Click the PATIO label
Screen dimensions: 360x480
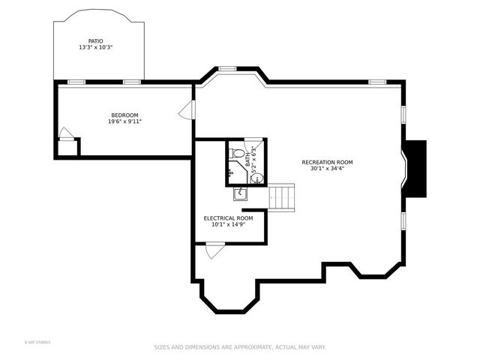click(95, 41)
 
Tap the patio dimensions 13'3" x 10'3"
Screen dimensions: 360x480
click(95, 48)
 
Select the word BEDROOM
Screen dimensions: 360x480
click(124, 115)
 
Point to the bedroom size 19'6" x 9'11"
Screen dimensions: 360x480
click(124, 121)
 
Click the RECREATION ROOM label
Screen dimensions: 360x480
click(327, 162)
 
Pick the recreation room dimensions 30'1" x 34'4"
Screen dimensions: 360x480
click(327, 169)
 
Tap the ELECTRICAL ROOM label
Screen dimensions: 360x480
click(228, 218)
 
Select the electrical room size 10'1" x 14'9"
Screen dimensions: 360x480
click(228, 224)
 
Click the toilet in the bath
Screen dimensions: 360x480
click(238, 153)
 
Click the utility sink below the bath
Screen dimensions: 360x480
click(241, 194)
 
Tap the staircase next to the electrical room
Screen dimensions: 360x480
click(282, 197)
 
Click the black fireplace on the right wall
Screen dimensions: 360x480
click(414, 168)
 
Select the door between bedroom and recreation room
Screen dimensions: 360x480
click(186, 110)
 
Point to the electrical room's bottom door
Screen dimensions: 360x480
click(215, 249)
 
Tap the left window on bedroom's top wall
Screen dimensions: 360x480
click(76, 81)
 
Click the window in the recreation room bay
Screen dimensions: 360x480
click(227, 69)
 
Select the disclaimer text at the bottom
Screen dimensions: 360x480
click(240, 347)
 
